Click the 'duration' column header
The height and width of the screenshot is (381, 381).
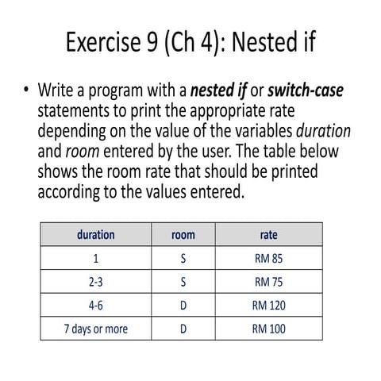(95, 235)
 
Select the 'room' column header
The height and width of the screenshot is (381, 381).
(183, 235)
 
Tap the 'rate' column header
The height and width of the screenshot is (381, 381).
(268, 235)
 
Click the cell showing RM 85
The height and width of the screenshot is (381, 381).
(268, 258)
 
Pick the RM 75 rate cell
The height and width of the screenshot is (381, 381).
(268, 282)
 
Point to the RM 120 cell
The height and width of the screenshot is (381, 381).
(268, 305)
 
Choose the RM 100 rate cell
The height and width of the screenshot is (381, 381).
(268, 328)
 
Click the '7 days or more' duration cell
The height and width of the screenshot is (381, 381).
(95, 328)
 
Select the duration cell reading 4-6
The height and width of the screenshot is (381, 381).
(95, 305)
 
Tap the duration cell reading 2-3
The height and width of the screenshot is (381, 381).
(95, 282)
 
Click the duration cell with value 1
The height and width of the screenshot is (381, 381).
(95, 258)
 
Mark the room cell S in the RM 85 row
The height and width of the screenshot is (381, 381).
(183, 258)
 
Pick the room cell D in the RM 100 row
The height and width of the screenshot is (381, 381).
(183, 328)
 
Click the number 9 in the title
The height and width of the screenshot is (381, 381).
(154, 41)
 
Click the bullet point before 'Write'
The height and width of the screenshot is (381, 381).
(25, 90)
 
